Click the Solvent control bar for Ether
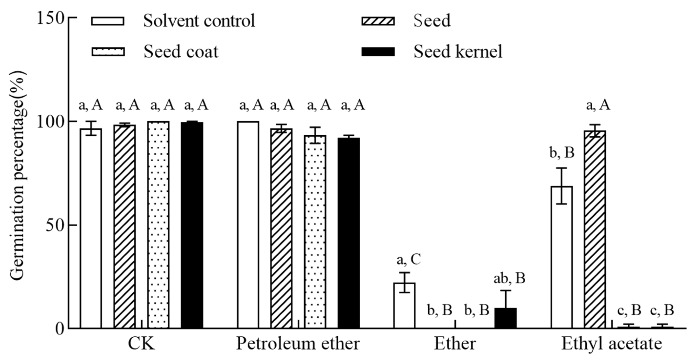pos(404,305)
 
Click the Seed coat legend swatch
pos(108,52)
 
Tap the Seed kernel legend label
pos(458,52)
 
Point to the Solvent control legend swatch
pos(108,21)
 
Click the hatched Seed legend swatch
pos(378,21)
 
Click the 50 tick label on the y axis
pos(54,225)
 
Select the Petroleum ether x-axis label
pos(298,344)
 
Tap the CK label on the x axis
pos(141,344)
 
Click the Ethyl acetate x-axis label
pos(612,344)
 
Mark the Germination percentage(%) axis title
pos(17,175)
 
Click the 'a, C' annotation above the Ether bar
pos(408,260)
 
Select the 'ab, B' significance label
pos(509,279)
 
